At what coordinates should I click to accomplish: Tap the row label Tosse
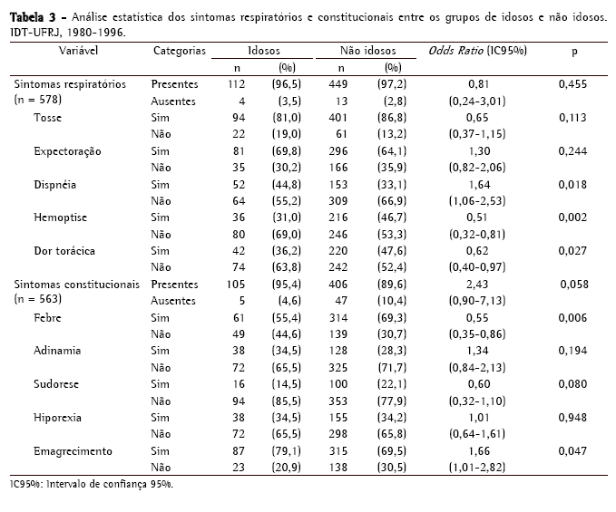coord(49,118)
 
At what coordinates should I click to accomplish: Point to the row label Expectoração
coord(67,150)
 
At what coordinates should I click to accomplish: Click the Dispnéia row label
coord(55,184)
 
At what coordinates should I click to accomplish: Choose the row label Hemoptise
coord(60,217)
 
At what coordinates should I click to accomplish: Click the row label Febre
coord(48,317)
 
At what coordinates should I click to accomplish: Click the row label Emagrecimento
coord(73,450)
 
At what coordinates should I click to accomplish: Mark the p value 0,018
coord(573,184)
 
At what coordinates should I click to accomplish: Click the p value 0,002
coord(573,217)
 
